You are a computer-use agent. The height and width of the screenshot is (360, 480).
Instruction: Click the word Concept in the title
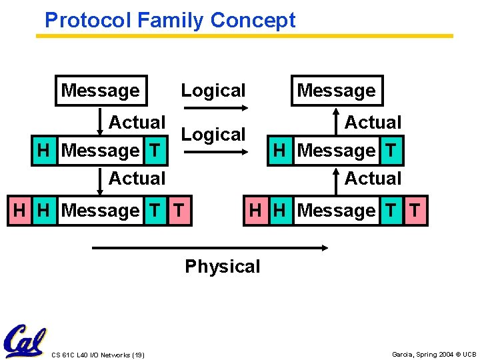tap(253, 20)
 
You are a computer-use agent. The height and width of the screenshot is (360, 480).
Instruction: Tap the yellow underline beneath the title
tap(244, 35)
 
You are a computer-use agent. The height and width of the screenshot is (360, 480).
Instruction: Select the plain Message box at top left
tap(101, 91)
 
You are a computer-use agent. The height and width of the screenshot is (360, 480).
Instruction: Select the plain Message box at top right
tap(337, 91)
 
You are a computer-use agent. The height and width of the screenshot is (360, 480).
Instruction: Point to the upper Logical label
tap(213, 91)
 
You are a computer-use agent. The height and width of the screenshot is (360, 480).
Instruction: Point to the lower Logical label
tap(213, 134)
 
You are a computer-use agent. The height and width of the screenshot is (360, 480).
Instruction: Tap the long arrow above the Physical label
tap(210, 248)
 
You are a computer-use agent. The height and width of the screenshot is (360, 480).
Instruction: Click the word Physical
tap(223, 267)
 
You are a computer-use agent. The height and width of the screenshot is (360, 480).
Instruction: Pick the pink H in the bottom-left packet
tap(20, 211)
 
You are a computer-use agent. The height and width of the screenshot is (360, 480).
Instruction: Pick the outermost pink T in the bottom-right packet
tap(415, 211)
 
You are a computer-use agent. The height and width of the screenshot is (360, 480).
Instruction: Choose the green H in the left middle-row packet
tap(44, 151)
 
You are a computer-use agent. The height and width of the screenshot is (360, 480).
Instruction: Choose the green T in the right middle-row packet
tap(391, 151)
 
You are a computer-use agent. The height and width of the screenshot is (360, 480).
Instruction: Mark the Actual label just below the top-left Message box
tap(137, 123)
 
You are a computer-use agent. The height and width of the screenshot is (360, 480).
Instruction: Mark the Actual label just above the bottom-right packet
tap(373, 179)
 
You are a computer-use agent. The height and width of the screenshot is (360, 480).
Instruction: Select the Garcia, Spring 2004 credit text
tap(433, 354)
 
